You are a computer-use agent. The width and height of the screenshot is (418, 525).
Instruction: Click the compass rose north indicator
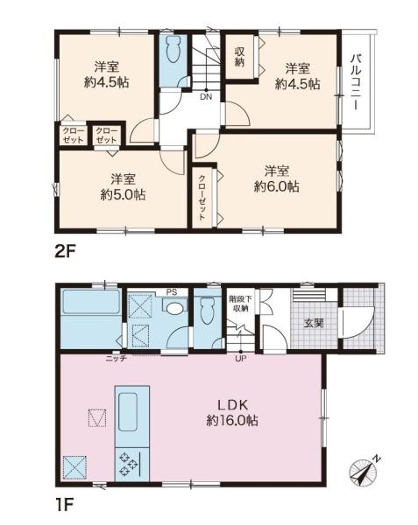(364, 472)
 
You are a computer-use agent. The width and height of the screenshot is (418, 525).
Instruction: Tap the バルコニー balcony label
(356, 82)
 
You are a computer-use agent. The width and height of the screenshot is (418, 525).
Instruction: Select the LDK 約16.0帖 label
(232, 412)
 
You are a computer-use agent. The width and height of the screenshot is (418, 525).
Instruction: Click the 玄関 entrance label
(313, 323)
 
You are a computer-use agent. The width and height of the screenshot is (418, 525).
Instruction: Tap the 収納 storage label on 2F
(239, 56)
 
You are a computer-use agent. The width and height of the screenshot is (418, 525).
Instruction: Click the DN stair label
(206, 97)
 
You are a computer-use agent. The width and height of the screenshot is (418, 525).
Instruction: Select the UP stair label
(240, 359)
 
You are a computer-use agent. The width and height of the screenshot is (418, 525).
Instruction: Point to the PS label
(172, 292)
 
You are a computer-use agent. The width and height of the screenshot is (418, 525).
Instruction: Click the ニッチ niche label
(116, 359)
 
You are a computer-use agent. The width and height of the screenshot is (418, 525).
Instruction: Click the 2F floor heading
(66, 251)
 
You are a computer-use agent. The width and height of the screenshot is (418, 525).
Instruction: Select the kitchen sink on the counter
(128, 411)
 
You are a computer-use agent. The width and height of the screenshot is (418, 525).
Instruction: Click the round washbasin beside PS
(175, 307)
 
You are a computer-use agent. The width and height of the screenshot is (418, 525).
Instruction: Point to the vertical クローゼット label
(202, 198)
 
